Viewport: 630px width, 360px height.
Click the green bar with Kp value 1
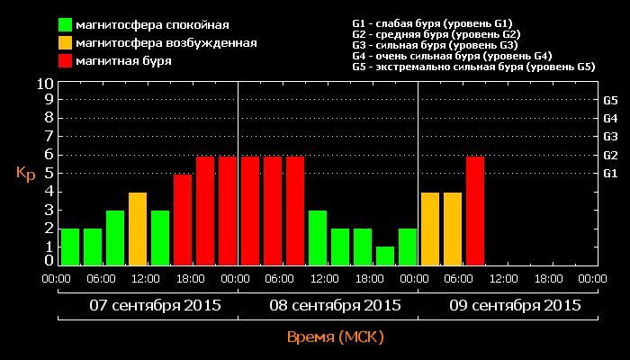[x=385, y=256]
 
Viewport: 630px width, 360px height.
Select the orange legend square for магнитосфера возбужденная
[x=66, y=43]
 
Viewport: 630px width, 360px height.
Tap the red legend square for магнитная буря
[x=66, y=61]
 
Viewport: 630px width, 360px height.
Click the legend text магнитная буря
[x=124, y=61]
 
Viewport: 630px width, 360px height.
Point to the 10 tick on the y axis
[x=45, y=83]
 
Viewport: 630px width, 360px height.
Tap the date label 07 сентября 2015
[x=148, y=305]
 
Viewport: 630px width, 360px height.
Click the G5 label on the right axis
[x=610, y=100]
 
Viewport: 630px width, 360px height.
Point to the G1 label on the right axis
[x=610, y=173]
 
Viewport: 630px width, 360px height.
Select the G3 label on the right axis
[x=610, y=136]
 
